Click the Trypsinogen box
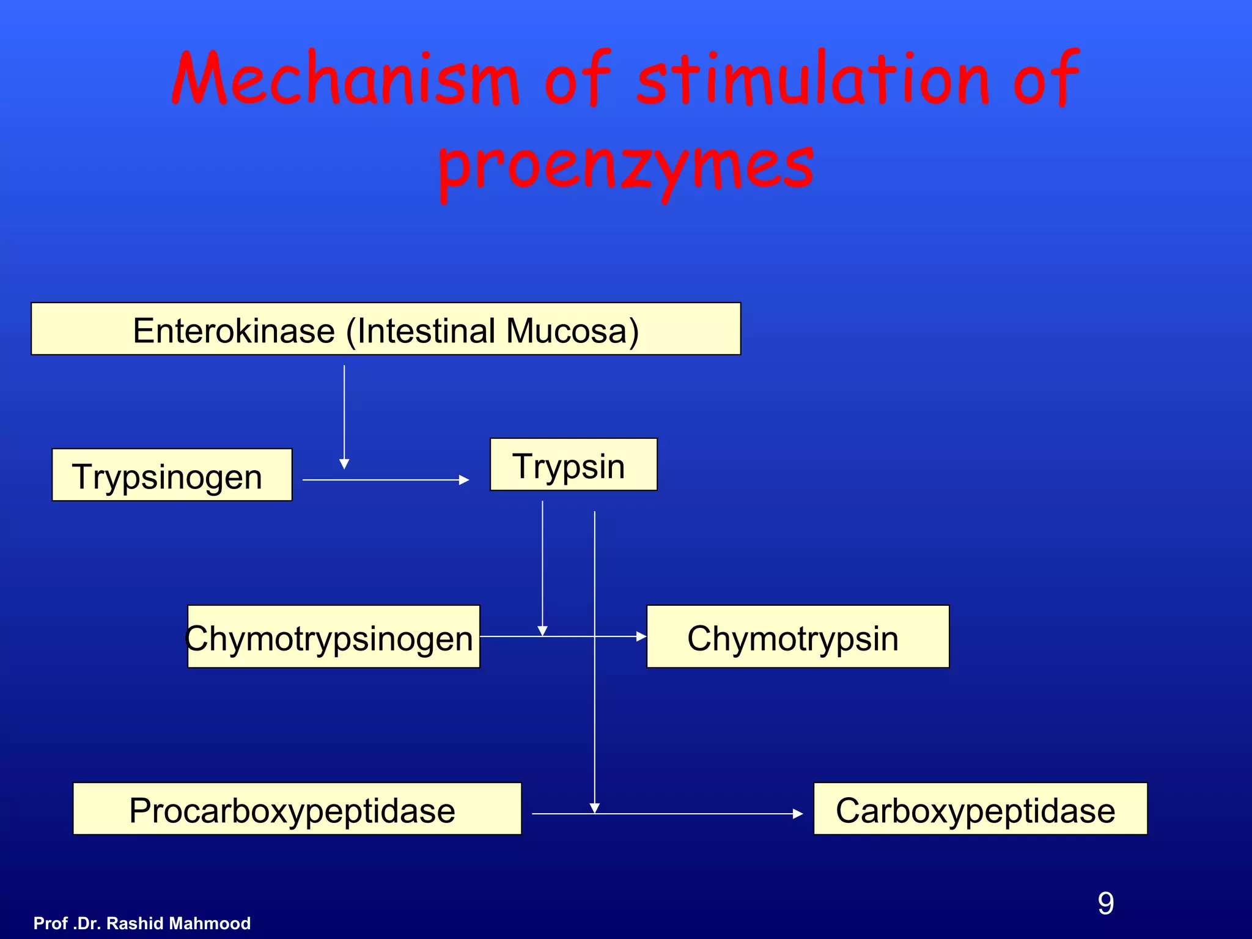tap(172, 475)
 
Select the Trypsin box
tap(573, 465)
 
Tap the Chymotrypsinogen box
tap(333, 636)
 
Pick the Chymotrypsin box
tap(797, 636)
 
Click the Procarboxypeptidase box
tap(296, 809)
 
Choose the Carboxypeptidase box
tap(979, 809)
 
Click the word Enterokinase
tap(234, 331)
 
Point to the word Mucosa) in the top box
tap(572, 331)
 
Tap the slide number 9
tap(1105, 904)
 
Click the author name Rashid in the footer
tap(135, 923)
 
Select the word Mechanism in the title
tap(345, 79)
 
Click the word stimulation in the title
tap(813, 79)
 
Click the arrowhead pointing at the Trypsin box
tap(464, 481)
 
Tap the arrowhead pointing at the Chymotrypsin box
tap(641, 636)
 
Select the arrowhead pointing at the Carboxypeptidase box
tap(798, 814)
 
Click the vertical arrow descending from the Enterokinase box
tap(344, 416)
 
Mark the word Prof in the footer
tap(50, 923)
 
